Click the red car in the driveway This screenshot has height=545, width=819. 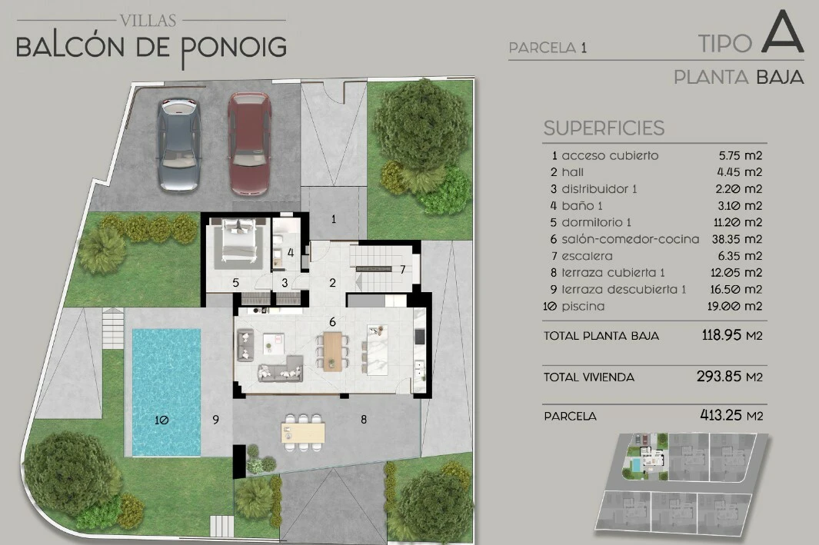tap(249, 144)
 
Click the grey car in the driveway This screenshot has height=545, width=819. tap(179, 144)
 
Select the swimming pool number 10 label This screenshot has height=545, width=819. tap(162, 420)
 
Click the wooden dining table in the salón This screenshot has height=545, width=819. tap(332, 351)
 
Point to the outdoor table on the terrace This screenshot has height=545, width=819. tap(303, 433)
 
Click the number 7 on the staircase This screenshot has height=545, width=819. tap(403, 270)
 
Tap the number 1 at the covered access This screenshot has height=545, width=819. tap(334, 219)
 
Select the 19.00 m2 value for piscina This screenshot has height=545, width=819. tap(735, 307)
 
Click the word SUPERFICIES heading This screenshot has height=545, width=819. tap(604, 128)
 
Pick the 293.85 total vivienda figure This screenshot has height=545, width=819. tap(719, 377)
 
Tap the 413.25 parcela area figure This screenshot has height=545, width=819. tap(721, 415)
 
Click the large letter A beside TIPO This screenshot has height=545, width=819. tap(782, 32)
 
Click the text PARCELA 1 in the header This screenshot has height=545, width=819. tap(548, 48)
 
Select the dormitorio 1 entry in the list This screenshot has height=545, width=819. tap(596, 222)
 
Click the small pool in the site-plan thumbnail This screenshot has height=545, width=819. tap(636, 464)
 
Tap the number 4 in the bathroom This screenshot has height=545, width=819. tap(291, 253)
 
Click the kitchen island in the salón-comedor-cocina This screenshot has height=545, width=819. tap(377, 349)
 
